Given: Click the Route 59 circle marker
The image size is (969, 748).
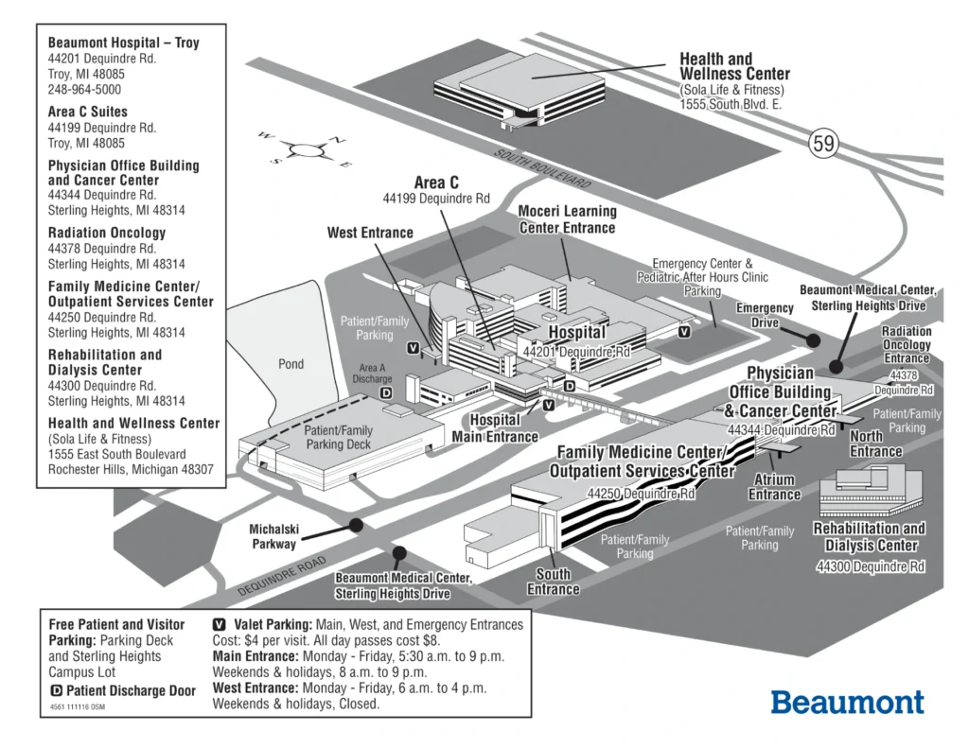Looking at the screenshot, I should [x=823, y=144].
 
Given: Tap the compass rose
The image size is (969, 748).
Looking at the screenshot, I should [x=305, y=149].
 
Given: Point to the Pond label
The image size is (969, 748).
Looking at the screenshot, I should [x=291, y=364].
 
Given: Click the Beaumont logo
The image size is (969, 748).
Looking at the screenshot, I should [x=847, y=702].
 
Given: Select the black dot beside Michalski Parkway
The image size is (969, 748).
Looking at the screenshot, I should [x=356, y=525].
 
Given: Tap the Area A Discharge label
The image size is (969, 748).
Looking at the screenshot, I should [x=373, y=374].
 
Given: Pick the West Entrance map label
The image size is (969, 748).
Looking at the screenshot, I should [x=370, y=233].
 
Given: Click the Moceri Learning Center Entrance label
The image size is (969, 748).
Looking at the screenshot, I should [x=567, y=219].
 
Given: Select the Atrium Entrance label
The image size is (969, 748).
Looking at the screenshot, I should [x=774, y=487].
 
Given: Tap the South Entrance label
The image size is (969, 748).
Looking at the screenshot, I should [x=554, y=582].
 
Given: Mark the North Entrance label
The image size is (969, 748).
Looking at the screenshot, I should [x=875, y=444].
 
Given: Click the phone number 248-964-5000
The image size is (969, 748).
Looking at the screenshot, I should [x=84, y=90].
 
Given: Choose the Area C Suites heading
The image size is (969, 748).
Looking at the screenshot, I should [x=88, y=112].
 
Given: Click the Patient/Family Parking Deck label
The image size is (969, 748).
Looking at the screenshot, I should [x=338, y=437].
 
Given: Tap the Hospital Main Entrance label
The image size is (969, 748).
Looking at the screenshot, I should [x=494, y=428].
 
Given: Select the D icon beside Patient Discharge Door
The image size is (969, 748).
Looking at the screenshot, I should [x=56, y=690].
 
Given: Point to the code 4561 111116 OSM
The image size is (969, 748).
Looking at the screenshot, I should [x=77, y=706].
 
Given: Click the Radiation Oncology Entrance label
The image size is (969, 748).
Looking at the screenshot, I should [x=906, y=344].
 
